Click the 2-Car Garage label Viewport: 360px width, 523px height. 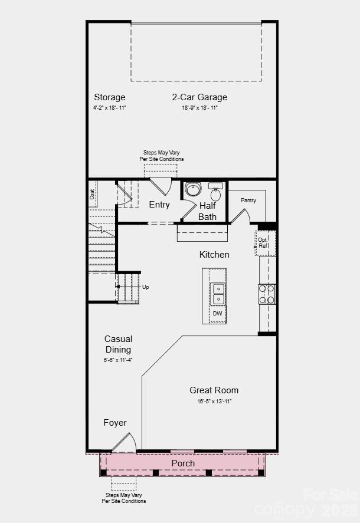point(199,97)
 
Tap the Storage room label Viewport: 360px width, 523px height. point(110,97)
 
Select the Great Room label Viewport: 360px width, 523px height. point(214,390)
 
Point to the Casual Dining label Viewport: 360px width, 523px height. point(118,344)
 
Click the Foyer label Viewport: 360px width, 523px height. point(115,423)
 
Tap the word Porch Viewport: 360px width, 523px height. point(183,463)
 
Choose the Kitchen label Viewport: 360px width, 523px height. point(214,255)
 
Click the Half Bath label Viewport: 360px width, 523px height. point(207,211)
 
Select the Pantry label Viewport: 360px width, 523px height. point(248,200)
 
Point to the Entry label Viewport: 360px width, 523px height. point(159,205)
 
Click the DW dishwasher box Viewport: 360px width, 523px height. point(218,314)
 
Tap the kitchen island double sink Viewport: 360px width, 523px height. point(218,294)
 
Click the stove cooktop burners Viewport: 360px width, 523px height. point(267,294)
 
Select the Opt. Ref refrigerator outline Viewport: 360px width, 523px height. point(264,242)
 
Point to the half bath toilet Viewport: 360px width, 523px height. point(193,190)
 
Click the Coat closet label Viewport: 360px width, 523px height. point(93,193)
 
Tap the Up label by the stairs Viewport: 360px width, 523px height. point(145,287)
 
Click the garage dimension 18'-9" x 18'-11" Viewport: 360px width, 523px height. point(199,108)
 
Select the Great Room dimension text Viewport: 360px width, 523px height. point(214,402)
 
